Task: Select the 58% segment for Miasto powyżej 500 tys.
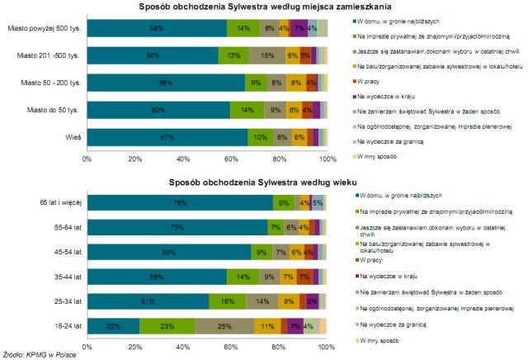click(157, 29)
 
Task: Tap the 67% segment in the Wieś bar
click(167, 136)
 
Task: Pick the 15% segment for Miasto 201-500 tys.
click(266, 56)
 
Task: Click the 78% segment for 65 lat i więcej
click(180, 201)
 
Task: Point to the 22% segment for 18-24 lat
click(113, 326)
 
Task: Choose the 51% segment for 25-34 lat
click(148, 301)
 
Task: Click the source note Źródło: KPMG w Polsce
click(45, 355)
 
